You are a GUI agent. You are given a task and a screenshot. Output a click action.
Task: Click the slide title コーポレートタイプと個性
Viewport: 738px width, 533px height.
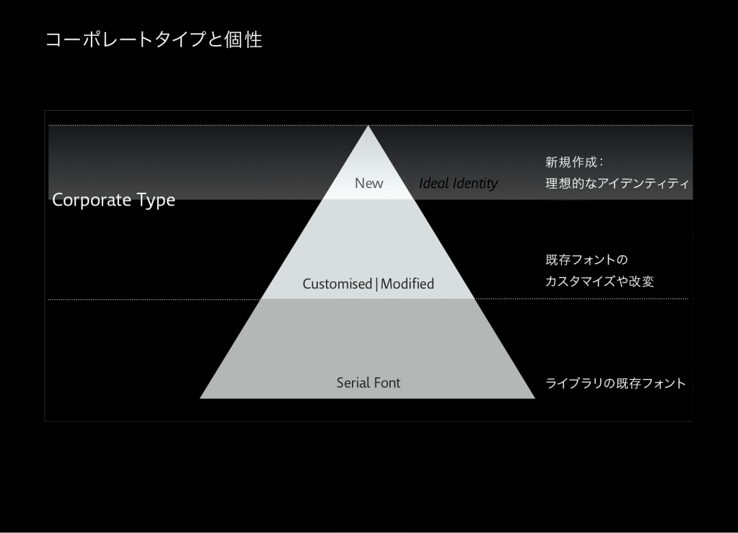tap(154, 40)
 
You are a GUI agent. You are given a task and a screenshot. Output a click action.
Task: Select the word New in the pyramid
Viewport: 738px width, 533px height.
tap(369, 183)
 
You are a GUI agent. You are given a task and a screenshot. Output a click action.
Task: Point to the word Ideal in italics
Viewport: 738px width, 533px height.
tap(434, 183)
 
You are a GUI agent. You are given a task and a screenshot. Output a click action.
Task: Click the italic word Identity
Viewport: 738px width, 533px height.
tap(475, 183)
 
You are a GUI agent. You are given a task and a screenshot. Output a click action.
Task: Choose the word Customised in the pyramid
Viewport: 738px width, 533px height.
tap(338, 284)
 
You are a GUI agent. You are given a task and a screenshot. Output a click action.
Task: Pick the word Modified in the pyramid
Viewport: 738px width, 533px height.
tap(407, 284)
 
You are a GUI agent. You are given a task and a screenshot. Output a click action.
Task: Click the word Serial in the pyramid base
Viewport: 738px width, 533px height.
tap(353, 383)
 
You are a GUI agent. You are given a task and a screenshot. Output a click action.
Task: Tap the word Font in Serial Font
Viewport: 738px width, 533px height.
tap(387, 383)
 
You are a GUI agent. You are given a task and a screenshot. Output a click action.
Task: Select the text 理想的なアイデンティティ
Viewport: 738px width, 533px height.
tap(617, 184)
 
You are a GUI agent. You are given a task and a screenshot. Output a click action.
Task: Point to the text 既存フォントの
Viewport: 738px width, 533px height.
tap(586, 260)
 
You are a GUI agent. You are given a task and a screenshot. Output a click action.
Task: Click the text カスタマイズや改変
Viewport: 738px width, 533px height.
tap(599, 282)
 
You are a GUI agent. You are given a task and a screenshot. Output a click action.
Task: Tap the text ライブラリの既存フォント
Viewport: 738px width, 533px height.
tap(615, 383)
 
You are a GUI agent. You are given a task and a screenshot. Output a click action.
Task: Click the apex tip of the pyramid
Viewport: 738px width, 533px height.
tap(369, 126)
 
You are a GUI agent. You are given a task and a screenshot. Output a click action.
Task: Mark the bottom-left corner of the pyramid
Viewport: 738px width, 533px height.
tap(201, 397)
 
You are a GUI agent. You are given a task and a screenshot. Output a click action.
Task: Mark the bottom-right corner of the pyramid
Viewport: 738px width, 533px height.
tap(534, 397)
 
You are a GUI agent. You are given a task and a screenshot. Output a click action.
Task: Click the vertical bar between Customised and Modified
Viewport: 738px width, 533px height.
tap(377, 284)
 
